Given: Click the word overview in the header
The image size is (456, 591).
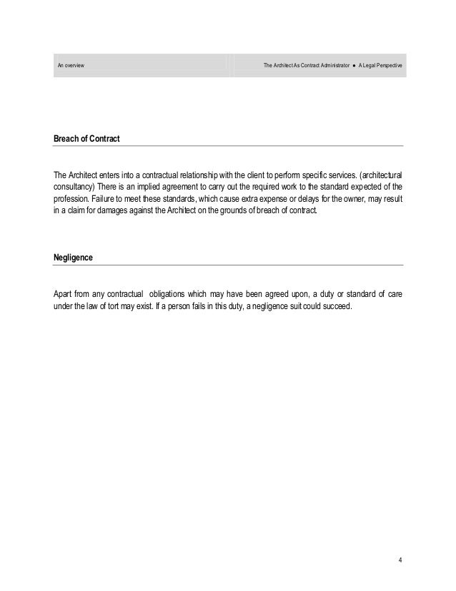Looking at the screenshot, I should (74, 66).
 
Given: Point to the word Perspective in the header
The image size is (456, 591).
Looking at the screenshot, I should (388, 66).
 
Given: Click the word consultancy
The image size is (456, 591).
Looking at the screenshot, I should (74, 188).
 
